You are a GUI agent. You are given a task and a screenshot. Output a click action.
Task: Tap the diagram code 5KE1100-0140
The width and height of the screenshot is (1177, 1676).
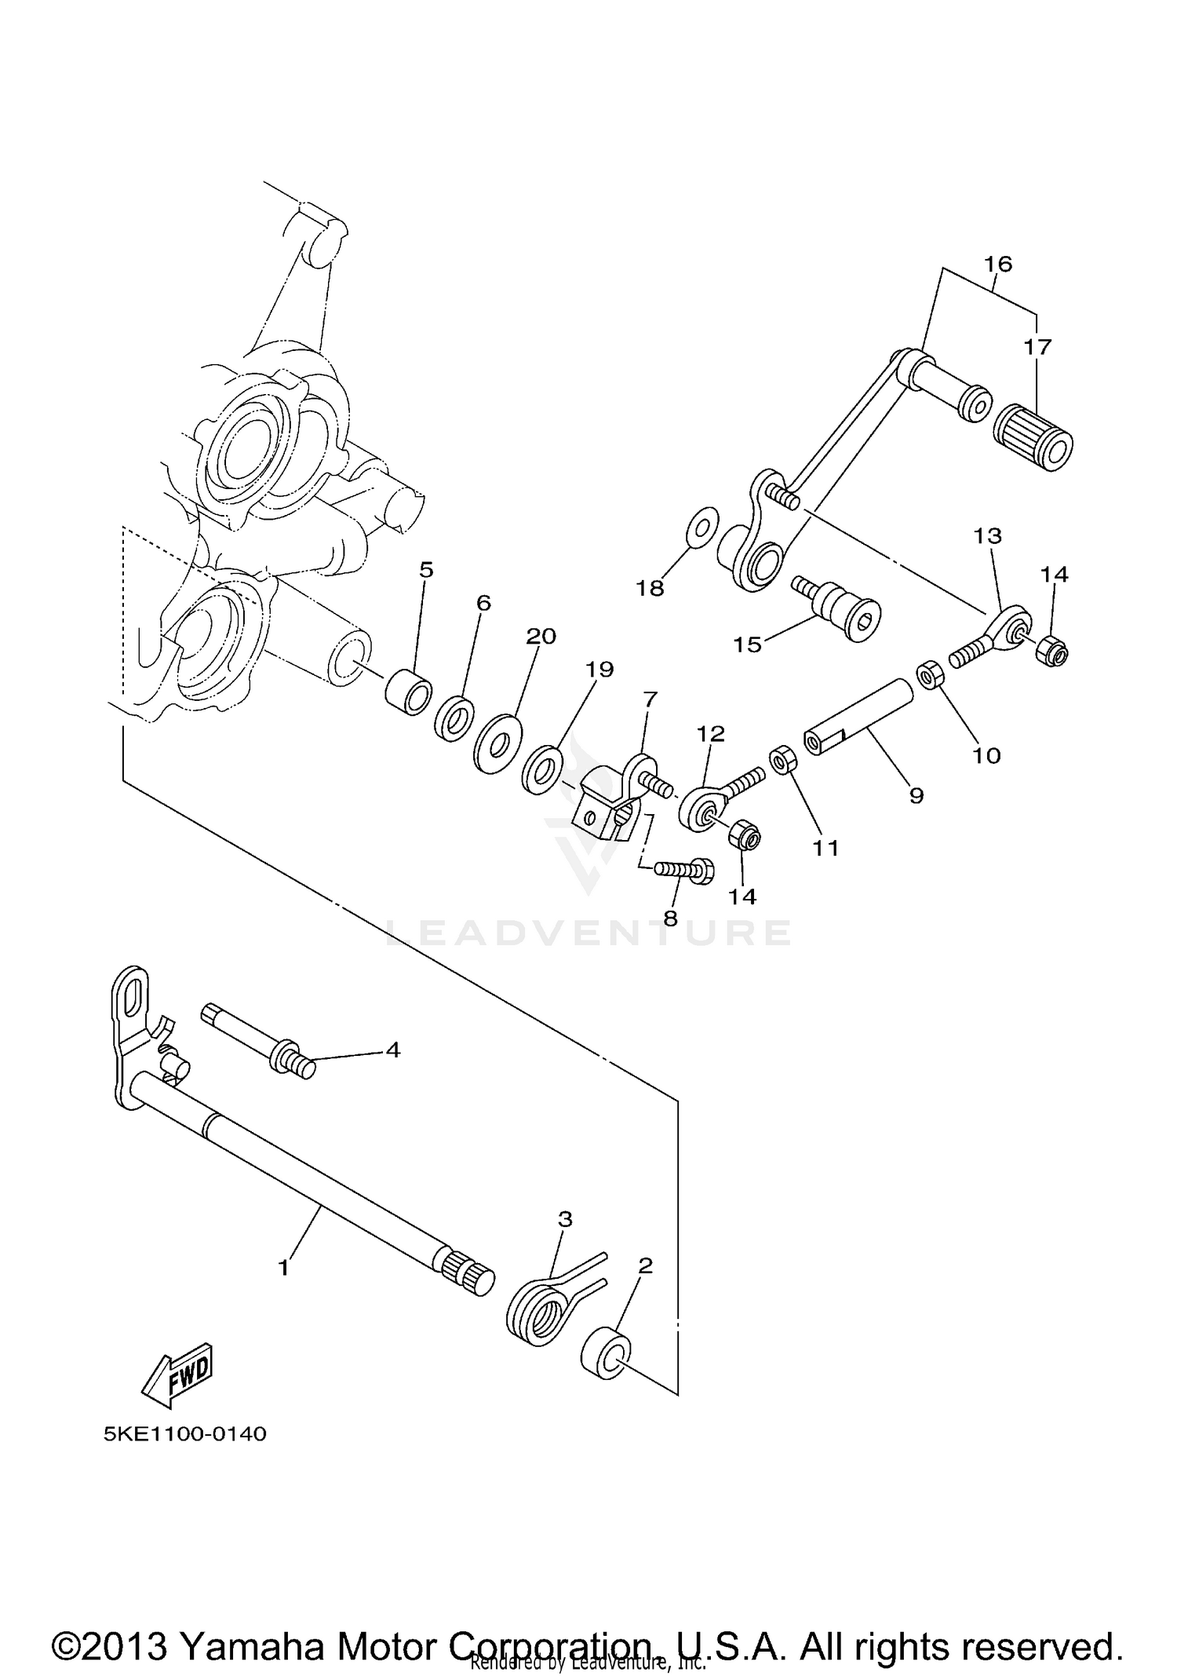click(185, 1434)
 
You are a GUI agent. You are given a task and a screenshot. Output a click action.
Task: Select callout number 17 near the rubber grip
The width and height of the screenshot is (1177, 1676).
click(1037, 346)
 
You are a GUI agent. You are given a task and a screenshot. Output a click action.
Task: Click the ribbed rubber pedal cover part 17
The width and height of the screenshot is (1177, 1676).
click(1033, 438)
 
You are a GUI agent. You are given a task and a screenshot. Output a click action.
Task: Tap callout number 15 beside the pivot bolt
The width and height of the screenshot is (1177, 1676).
click(747, 644)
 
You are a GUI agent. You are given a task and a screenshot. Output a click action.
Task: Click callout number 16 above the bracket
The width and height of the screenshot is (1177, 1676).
click(998, 264)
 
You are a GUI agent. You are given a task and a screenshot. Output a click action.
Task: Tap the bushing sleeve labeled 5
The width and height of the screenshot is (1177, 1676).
click(409, 691)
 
